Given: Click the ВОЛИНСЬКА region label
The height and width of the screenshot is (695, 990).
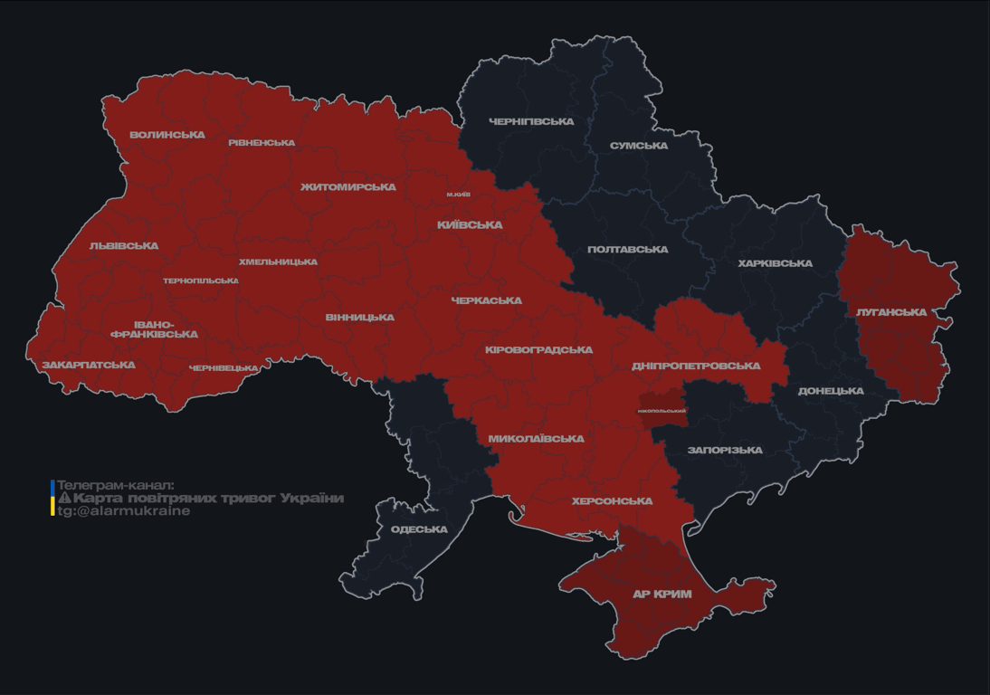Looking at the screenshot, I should pos(167,135).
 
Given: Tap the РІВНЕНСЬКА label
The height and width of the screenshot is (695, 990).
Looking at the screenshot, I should pos(262,143).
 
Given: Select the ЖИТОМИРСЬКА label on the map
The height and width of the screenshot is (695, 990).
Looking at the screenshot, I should pos(348,187).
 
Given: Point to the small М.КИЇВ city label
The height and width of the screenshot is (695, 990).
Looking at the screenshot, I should pos(458,195).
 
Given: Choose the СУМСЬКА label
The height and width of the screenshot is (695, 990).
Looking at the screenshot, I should pos(639,146).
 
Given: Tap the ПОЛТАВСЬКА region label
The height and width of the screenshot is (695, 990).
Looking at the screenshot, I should pos(627,250).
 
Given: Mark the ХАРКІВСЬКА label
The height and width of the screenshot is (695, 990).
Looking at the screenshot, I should pos(775,263).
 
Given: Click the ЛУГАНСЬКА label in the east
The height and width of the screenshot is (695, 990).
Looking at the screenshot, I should pos(891,312).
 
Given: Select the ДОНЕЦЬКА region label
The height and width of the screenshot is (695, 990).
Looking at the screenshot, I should pos(831,391).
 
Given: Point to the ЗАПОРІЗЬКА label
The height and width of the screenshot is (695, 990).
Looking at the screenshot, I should pos(725,450).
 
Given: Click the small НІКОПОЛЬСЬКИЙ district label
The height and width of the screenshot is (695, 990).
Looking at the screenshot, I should pos(662,411).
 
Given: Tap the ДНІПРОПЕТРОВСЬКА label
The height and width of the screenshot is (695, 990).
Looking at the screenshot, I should pos(696,366).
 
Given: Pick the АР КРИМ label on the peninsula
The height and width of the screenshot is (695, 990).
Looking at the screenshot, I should pos(662,595).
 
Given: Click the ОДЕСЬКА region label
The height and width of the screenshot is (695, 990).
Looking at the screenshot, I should pos(419,529).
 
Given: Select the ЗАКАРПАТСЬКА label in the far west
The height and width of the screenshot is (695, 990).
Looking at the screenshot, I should pos(89,366).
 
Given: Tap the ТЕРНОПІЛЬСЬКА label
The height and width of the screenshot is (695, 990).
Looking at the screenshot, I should pos(201,281).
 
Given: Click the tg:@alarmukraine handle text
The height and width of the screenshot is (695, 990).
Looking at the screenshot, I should pos(124,511).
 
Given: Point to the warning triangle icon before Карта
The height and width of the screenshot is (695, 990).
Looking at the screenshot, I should pos(64,499).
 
